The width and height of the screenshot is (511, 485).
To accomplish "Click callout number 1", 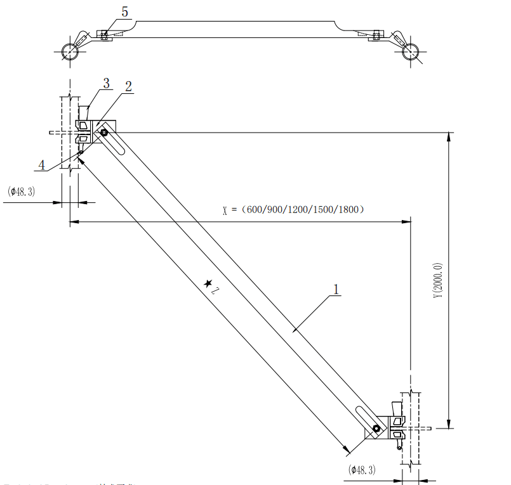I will (x=336, y=289).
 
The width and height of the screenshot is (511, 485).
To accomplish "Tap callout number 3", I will (x=106, y=83).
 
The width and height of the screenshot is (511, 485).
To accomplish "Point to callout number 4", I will (x=42, y=165).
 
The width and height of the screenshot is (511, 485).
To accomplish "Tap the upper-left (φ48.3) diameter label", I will (x=22, y=191).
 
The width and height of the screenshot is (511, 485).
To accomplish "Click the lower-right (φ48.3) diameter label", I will (x=361, y=470).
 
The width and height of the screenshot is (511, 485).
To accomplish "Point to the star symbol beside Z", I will (x=208, y=284).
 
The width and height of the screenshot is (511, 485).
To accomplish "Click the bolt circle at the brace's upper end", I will (x=105, y=133).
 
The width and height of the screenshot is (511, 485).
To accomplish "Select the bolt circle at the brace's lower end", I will (x=376, y=429).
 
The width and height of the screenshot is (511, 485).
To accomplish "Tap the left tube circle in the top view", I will (x=70, y=52).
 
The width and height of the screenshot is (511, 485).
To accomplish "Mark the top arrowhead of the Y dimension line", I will (x=449, y=136).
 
